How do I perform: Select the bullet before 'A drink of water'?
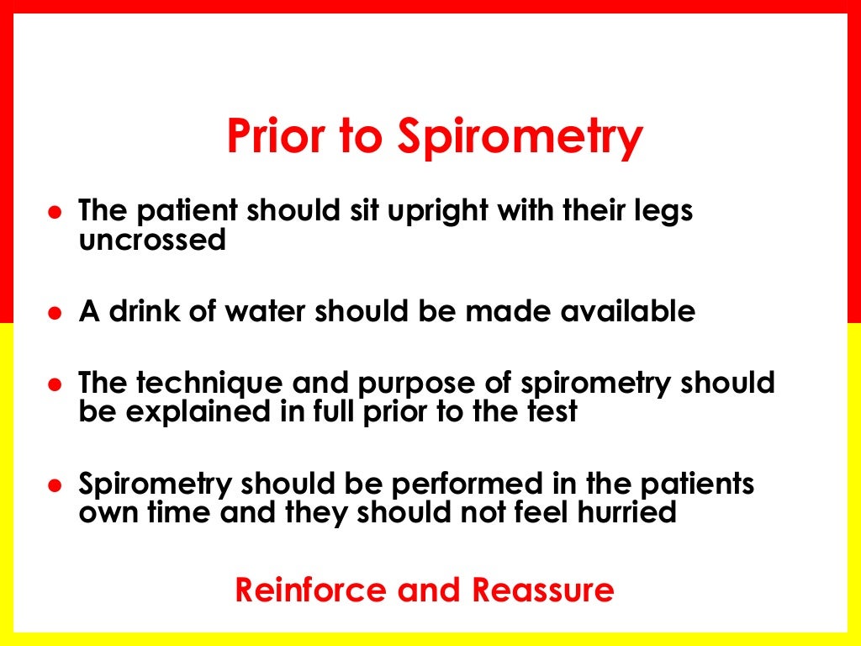point(55,313)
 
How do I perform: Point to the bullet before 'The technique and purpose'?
point(55,384)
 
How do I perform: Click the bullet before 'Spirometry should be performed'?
point(55,486)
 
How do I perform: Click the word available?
point(621,311)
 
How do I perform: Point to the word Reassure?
point(542,590)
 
